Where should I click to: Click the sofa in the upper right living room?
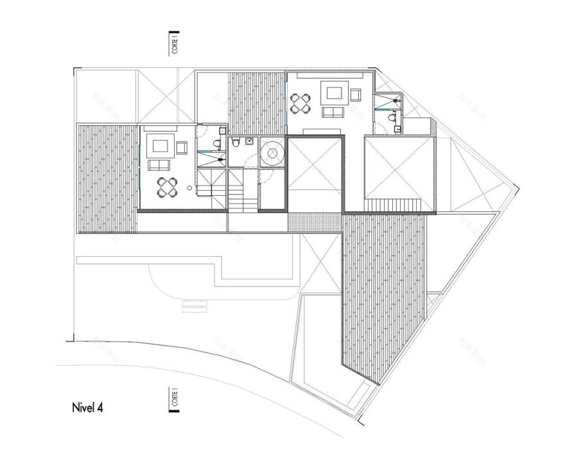click(333, 113)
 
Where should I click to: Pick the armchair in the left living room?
click(181, 148)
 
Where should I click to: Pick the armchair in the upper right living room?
click(356, 96)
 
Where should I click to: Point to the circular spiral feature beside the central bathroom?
click(273, 153)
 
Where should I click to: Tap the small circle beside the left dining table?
click(189, 188)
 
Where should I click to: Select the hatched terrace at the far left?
click(107, 178)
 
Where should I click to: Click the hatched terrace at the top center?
click(256, 103)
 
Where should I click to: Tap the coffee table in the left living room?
click(158, 146)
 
